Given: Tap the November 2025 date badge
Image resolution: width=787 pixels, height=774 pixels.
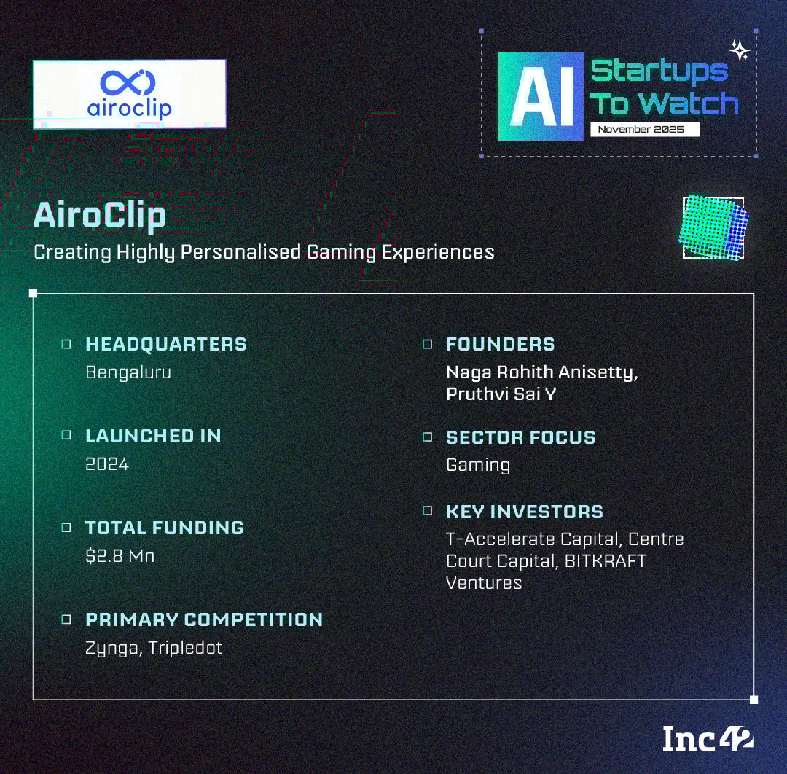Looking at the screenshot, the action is (x=645, y=129).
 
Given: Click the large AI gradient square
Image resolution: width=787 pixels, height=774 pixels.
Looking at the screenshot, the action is (x=541, y=96).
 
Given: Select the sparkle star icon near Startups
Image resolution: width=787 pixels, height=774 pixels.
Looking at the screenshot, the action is (x=740, y=50).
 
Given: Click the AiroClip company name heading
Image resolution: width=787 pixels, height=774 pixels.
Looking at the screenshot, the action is (x=99, y=215).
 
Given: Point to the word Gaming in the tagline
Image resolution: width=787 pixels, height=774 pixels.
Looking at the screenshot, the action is (x=341, y=252).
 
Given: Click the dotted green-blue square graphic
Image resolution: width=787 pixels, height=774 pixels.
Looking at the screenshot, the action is (x=713, y=227).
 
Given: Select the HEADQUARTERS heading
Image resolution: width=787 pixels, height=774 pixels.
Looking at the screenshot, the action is (x=166, y=344).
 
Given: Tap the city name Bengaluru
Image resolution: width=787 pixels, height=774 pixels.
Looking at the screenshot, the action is (x=128, y=372).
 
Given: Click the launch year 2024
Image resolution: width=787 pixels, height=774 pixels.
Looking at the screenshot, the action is (x=107, y=464).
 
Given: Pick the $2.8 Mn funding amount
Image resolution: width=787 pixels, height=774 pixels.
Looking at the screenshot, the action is (x=120, y=555).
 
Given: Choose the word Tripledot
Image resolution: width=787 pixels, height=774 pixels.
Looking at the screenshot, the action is (x=185, y=648).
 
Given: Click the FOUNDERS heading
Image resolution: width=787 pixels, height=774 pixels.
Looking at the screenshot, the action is (x=501, y=344).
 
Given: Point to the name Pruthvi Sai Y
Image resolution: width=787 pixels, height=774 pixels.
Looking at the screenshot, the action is (x=501, y=394).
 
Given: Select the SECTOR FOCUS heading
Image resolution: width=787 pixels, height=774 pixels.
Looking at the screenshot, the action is (x=520, y=437).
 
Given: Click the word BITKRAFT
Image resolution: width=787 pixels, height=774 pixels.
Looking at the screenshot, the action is (x=606, y=560).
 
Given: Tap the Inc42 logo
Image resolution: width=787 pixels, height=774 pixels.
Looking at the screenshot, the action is (x=708, y=739).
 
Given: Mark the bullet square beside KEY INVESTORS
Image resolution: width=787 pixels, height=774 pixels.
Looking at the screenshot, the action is (x=427, y=510).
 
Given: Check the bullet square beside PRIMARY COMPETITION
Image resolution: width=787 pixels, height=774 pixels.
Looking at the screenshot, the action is (x=66, y=619).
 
